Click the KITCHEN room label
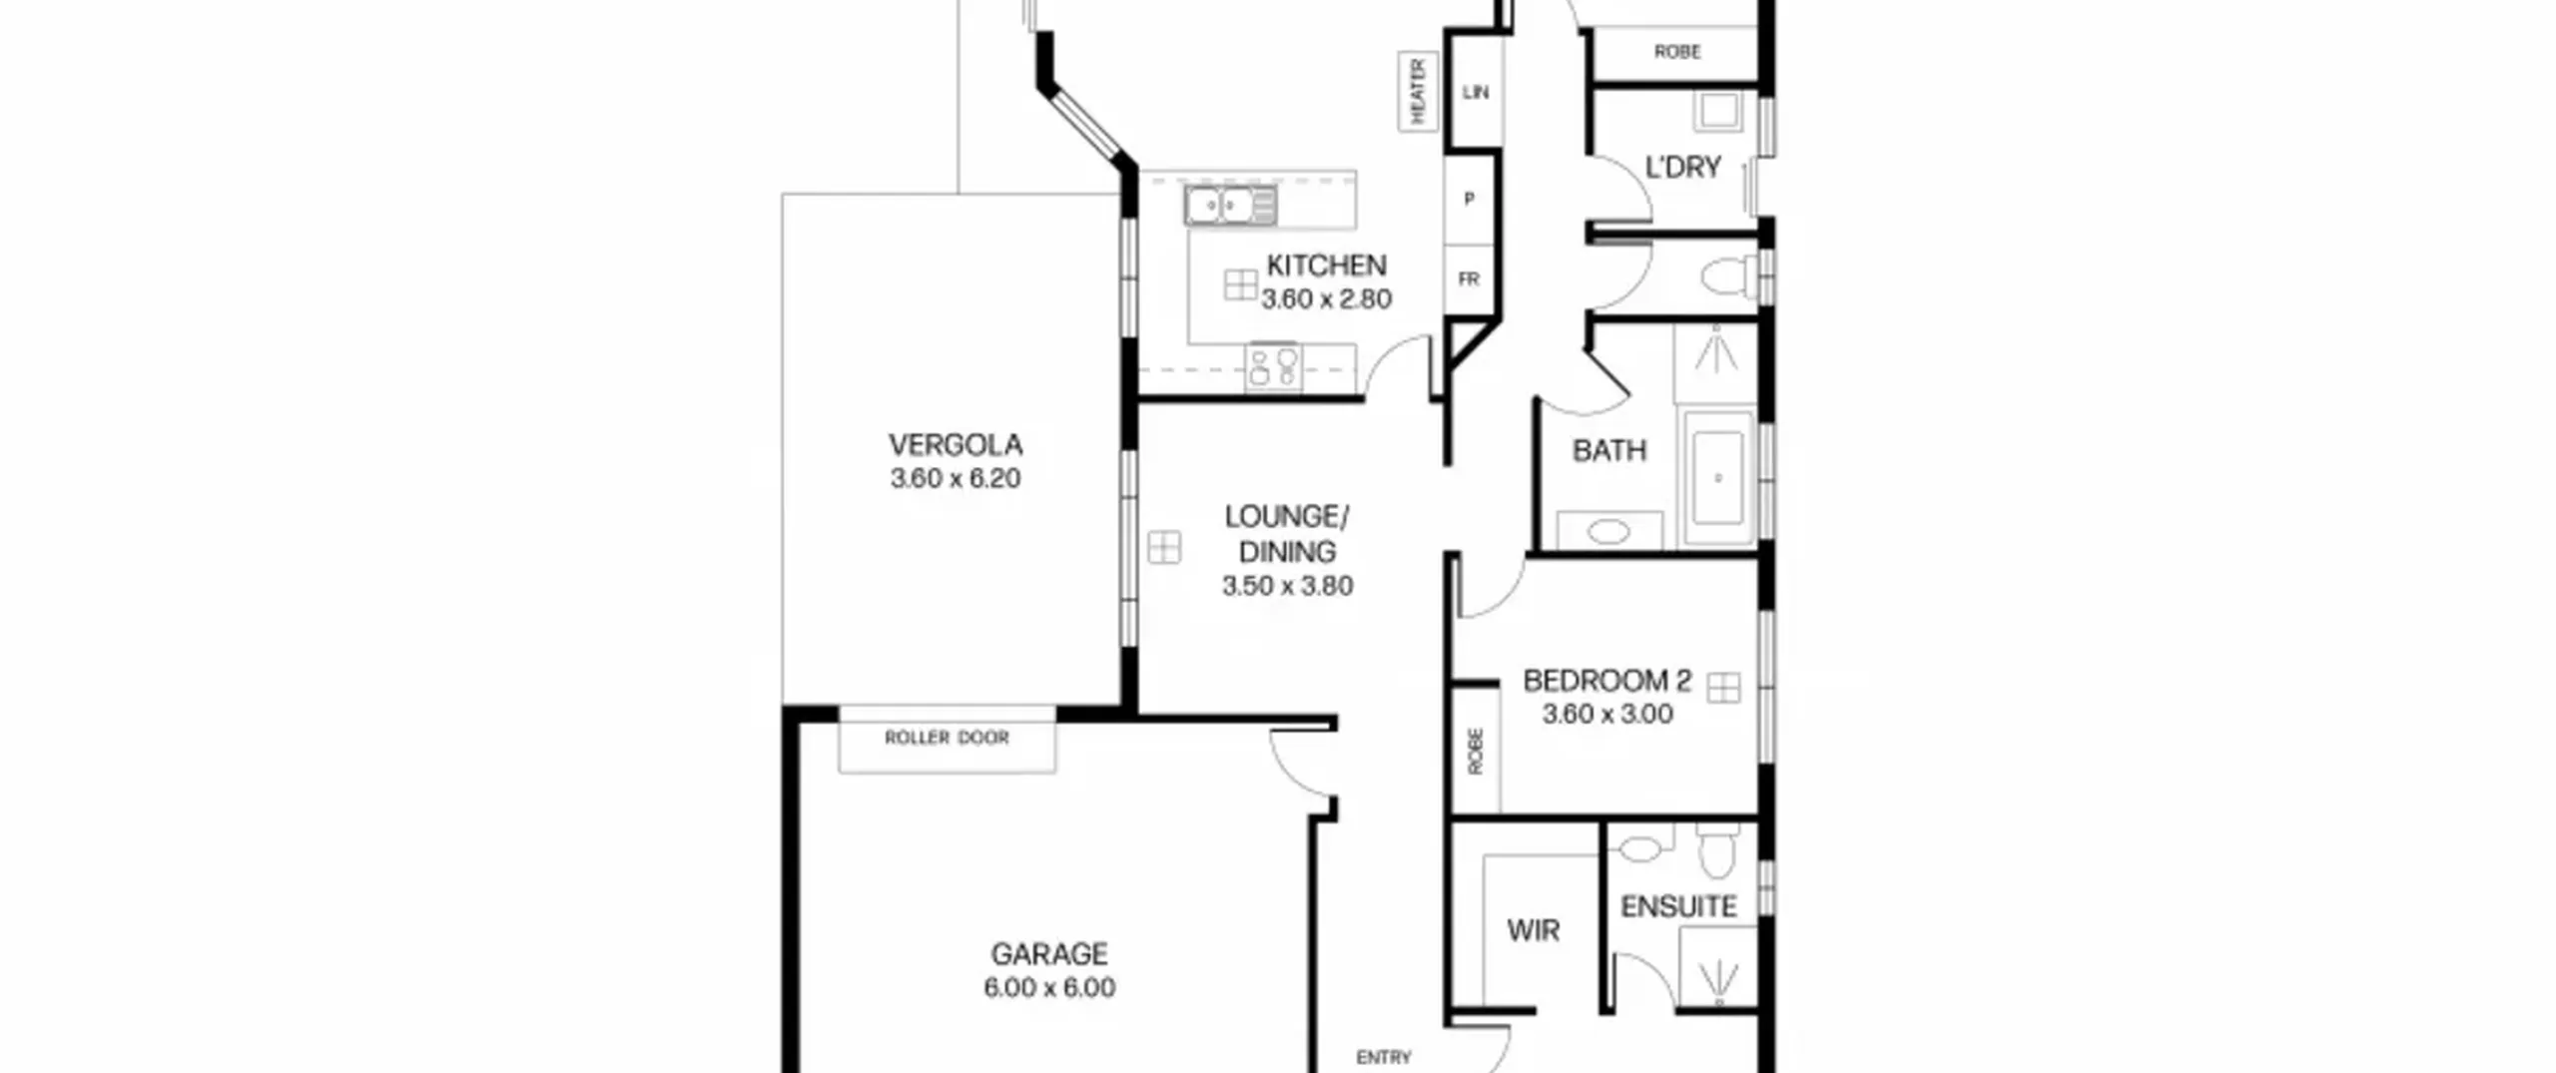pos(1326,266)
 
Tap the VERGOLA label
pos(956,444)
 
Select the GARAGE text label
pos(1049,954)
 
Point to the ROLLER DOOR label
pos(947,738)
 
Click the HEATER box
pos(1418,91)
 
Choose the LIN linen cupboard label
pos(1476,92)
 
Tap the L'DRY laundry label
pos(1683,167)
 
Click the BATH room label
pos(1609,451)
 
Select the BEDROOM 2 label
pos(1607,681)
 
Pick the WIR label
pos(1534,931)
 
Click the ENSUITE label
pos(1679,906)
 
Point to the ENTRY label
pos(1384,1057)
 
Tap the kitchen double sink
pos(1230,206)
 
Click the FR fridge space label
pos(1469,279)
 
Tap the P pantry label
pos(1469,199)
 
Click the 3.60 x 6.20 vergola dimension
pos(956,478)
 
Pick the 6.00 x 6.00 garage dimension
pos(1049,988)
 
